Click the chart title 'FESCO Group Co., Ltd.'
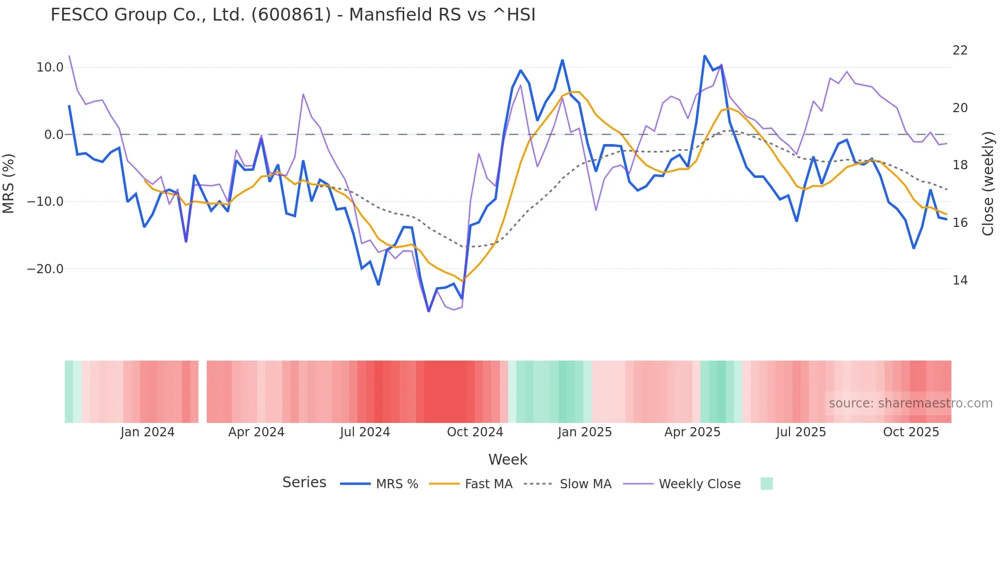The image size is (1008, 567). point(293,15)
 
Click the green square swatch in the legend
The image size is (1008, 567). point(766,484)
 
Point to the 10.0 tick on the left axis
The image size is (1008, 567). point(50,67)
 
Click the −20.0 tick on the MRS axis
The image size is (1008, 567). point(46,269)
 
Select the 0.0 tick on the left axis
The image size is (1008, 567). point(54,135)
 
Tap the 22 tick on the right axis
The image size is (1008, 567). point(960,50)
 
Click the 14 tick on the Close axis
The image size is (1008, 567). point(960,280)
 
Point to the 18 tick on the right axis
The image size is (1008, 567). point(960,165)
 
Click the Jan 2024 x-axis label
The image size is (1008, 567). point(148,432)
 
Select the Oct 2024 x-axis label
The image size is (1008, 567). point(475,432)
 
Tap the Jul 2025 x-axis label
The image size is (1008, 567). point(801,432)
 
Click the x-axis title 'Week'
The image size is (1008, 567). point(508,459)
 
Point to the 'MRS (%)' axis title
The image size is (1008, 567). point(8,184)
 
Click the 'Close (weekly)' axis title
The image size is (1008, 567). point(988,184)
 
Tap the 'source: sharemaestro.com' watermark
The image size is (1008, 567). point(910,403)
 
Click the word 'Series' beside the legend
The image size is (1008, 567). point(304,483)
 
